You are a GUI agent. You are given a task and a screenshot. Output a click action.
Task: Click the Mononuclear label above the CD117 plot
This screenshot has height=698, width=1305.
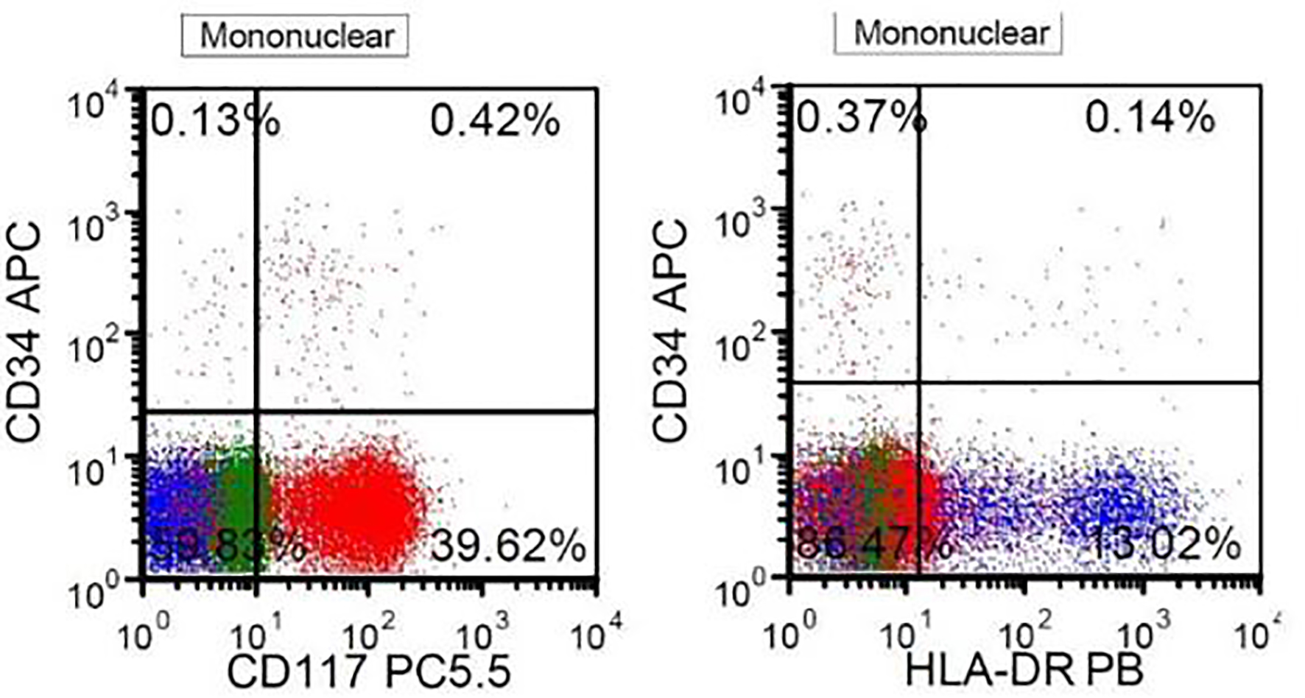(296, 36)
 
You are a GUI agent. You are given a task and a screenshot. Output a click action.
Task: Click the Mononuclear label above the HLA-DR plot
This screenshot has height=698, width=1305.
(949, 34)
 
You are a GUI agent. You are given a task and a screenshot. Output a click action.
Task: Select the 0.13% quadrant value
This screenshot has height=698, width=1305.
(214, 121)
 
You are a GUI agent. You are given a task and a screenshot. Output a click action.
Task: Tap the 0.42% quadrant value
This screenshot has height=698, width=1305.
(495, 121)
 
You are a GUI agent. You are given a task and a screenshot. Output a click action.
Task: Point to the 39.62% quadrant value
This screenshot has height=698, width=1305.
(508, 547)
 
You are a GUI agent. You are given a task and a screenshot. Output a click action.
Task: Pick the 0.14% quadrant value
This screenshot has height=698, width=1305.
(1149, 118)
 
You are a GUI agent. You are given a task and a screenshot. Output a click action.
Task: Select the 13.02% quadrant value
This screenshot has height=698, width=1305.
(1164, 545)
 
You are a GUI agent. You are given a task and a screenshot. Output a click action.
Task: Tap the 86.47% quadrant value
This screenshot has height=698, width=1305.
(873, 546)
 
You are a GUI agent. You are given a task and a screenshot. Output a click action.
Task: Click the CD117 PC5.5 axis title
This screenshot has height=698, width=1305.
(368, 671)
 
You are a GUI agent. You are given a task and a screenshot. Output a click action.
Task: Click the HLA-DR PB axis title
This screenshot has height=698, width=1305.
(1024, 670)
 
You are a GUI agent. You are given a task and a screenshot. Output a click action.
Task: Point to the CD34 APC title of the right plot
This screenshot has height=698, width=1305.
(670, 331)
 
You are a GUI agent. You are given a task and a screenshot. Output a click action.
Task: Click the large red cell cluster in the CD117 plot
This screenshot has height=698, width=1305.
(353, 508)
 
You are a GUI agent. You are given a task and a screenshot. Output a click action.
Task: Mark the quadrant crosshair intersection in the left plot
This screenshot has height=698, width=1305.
(256, 411)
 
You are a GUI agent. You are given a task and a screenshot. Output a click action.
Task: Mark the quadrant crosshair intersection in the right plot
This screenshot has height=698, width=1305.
(919, 382)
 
